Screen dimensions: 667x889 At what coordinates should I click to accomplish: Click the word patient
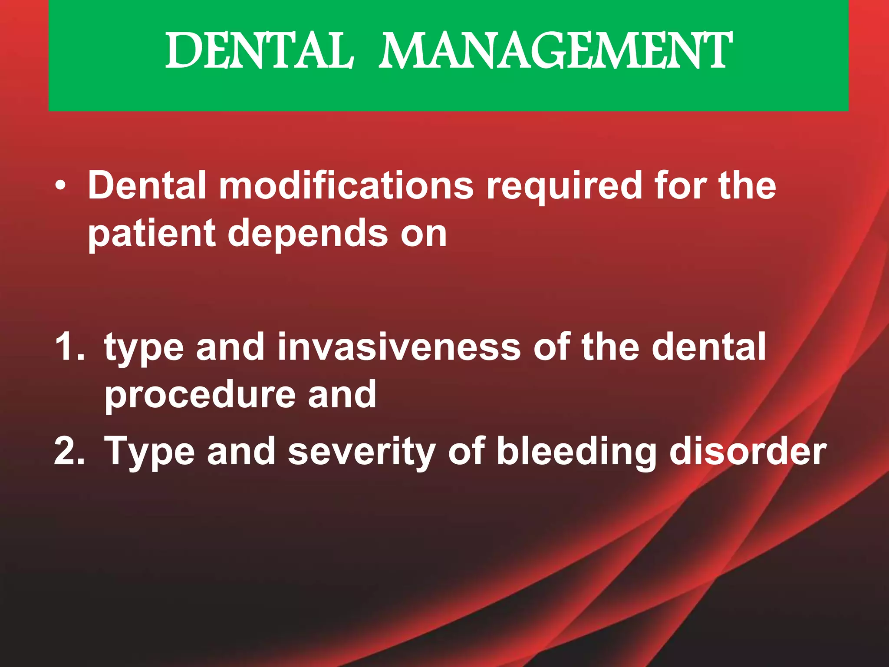(x=152, y=234)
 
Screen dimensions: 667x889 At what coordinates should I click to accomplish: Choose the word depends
(x=308, y=234)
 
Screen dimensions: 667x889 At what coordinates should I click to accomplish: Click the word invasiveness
(x=399, y=347)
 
